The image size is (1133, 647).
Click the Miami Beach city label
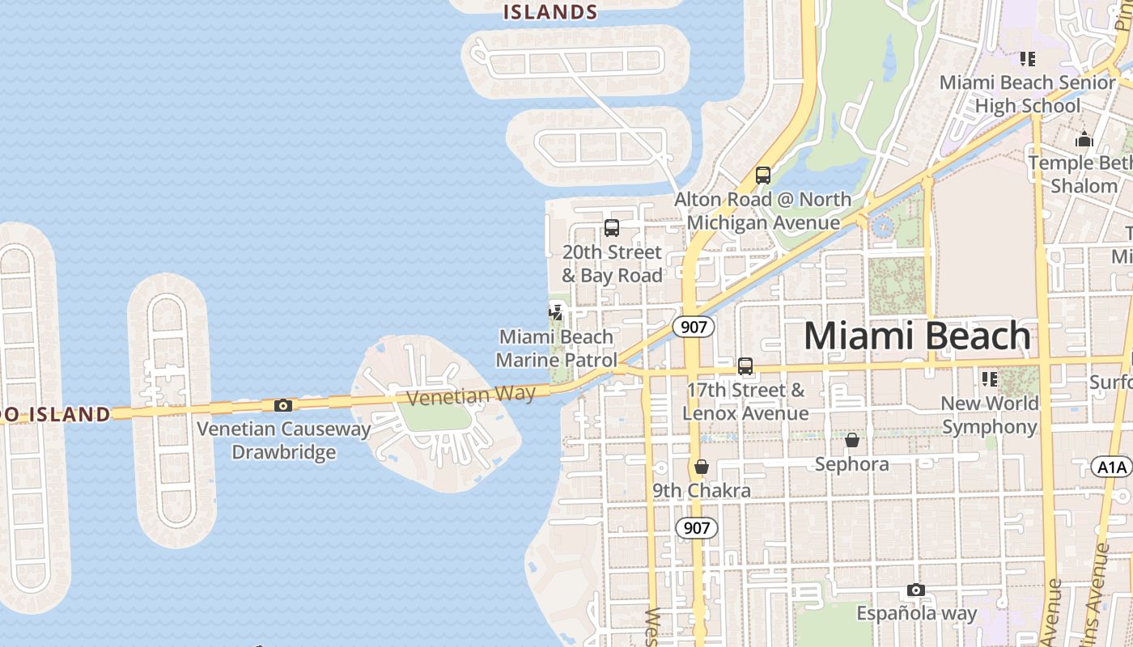[x=917, y=336]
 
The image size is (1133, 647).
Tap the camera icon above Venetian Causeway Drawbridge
[x=282, y=405]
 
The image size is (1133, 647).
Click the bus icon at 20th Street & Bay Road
[x=612, y=228]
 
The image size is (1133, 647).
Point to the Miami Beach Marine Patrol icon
[x=556, y=311]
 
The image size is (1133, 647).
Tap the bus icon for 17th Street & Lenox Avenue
[x=745, y=366]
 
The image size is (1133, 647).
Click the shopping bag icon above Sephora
[x=851, y=441]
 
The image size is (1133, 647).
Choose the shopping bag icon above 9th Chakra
[x=702, y=467]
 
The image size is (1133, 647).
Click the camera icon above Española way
[x=916, y=590]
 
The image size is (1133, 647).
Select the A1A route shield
[x=1112, y=467]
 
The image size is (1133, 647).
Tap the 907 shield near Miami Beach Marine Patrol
[x=694, y=327]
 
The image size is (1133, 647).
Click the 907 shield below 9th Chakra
[x=696, y=528]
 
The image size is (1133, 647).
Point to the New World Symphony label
[x=989, y=415]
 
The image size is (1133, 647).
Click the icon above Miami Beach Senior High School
[x=1028, y=59]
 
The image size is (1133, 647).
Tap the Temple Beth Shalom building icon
[x=1084, y=140]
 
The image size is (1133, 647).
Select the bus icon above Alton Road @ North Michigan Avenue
[x=762, y=175]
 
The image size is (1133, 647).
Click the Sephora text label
[x=851, y=464]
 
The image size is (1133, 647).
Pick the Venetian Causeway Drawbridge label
[x=283, y=440]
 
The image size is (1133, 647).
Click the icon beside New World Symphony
[x=989, y=378]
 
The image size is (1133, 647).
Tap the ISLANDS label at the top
[x=550, y=11]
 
